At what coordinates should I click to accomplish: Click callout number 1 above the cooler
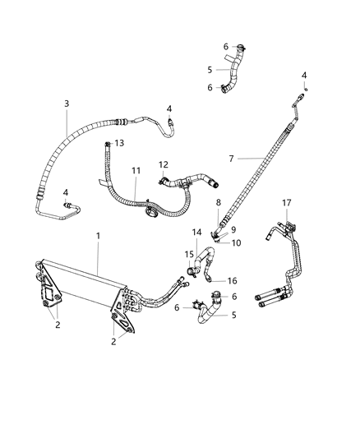[98, 236]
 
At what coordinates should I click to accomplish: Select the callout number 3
[67, 104]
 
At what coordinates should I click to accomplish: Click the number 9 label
[233, 229]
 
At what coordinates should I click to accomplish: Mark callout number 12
[164, 164]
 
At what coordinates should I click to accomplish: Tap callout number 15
[188, 254]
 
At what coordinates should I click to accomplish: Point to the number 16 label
[233, 280]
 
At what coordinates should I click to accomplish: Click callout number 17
[286, 202]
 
